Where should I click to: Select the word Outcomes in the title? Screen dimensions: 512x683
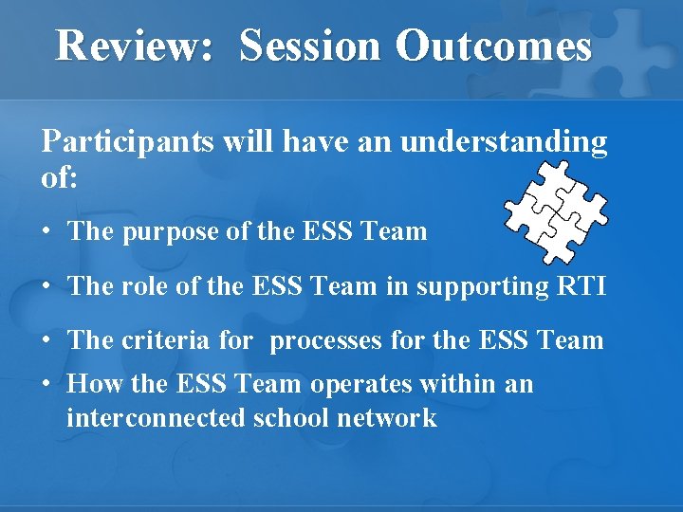coord(493,46)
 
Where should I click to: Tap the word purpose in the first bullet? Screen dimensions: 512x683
coord(170,230)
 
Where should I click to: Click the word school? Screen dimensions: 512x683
coord(281,417)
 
